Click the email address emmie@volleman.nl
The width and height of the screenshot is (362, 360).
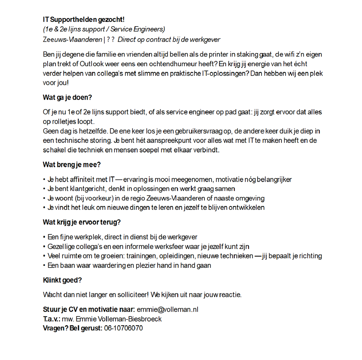(168, 310)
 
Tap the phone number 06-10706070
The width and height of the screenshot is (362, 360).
(123, 328)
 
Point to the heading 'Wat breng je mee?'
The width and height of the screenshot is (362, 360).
(72, 165)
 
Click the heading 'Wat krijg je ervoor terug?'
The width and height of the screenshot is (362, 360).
(82, 222)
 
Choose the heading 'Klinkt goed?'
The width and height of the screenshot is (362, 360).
(62, 280)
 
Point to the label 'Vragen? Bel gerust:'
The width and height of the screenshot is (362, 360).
(73, 328)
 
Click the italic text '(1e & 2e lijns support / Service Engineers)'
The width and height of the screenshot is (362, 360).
(104, 29)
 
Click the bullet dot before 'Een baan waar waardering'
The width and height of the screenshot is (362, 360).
(45, 266)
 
